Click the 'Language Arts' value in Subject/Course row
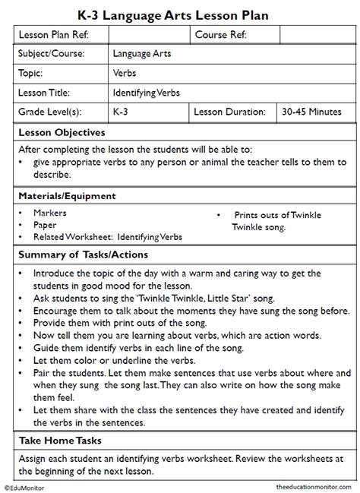(x=142, y=55)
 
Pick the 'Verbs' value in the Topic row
(x=125, y=74)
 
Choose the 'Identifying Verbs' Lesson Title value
(x=147, y=93)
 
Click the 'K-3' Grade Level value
(x=121, y=112)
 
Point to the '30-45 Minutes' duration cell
(x=311, y=112)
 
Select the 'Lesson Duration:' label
(x=229, y=112)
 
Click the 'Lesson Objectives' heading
(x=61, y=132)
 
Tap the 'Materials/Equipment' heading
(x=67, y=195)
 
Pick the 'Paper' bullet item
(x=45, y=226)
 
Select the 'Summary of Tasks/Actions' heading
(x=83, y=254)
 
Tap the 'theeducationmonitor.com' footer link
(x=311, y=486)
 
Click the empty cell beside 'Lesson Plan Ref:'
(x=150, y=35)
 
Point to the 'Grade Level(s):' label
(x=50, y=112)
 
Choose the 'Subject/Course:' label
(x=51, y=55)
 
